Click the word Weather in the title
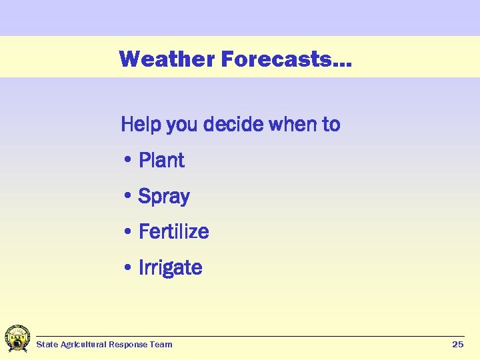(x=167, y=59)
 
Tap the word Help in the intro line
(x=141, y=125)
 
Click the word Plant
(x=161, y=160)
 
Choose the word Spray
(x=164, y=197)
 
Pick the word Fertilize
(x=173, y=231)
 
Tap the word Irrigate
(x=170, y=267)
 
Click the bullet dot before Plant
(x=127, y=161)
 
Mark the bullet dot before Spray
(x=127, y=197)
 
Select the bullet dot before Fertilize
(x=127, y=233)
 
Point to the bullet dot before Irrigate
(x=127, y=269)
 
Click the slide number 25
(x=457, y=344)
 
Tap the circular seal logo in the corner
(x=17, y=339)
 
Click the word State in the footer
(x=47, y=345)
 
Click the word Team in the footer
(x=161, y=345)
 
